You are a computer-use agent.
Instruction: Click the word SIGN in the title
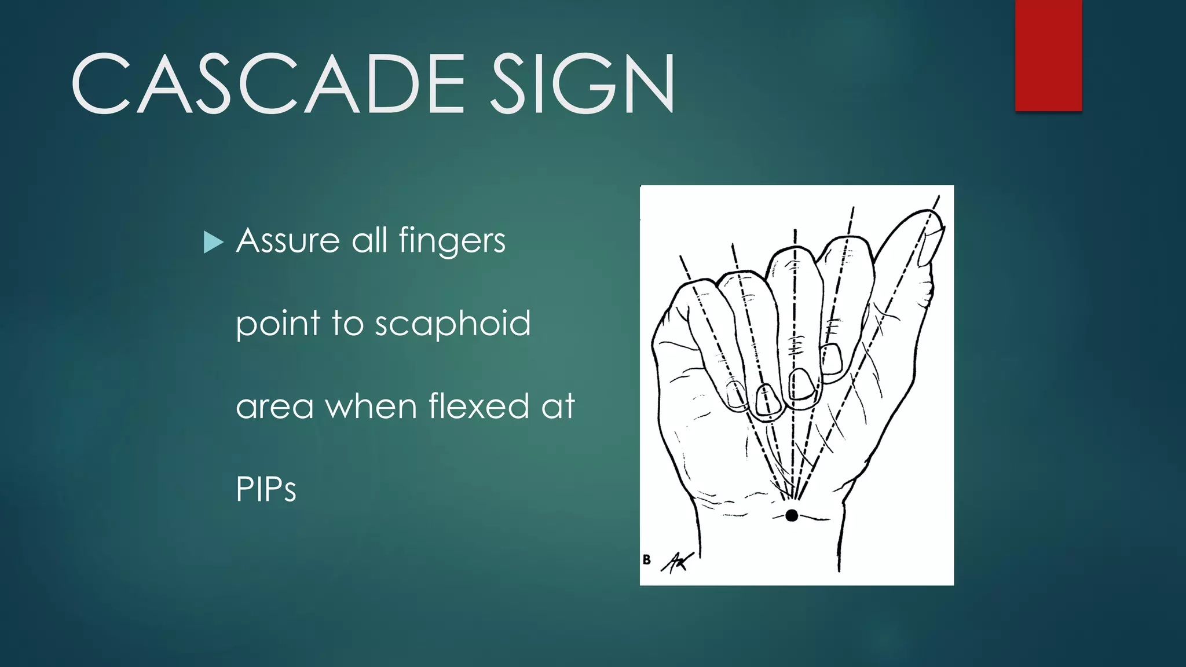pyautogui.click(x=583, y=84)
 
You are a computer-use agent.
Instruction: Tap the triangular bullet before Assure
pyautogui.click(x=213, y=243)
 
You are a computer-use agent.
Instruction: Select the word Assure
pyautogui.click(x=288, y=240)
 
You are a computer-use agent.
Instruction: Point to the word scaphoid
pyautogui.click(x=452, y=324)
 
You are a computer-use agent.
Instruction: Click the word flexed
pyautogui.click(x=478, y=405)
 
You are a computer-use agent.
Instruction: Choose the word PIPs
pyautogui.click(x=266, y=489)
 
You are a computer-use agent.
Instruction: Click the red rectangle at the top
pyautogui.click(x=1048, y=55)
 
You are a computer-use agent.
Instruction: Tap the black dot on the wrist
pyautogui.click(x=792, y=515)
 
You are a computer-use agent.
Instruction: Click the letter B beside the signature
pyautogui.click(x=647, y=559)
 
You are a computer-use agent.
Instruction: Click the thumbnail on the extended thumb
pyautogui.click(x=932, y=246)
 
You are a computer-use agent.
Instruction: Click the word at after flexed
pyautogui.click(x=558, y=406)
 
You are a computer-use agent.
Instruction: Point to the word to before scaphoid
pyautogui.click(x=347, y=323)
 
